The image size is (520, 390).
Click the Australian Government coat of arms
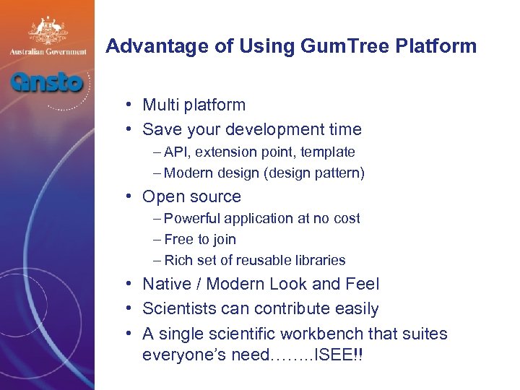47,30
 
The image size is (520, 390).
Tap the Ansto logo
46,81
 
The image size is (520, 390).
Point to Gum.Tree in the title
330,47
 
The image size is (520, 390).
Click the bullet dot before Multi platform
126,105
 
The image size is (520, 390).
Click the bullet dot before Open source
126,196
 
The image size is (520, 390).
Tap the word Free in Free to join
178,239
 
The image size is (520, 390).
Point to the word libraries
318,260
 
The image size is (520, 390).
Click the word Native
165,285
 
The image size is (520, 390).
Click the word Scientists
178,309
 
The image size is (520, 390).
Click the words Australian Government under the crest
47,52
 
